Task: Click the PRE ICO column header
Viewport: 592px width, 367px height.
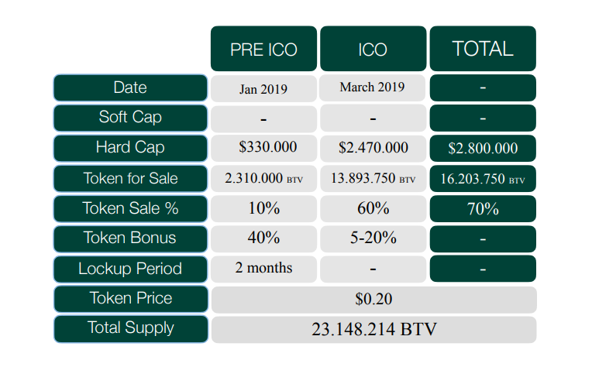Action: point(263,49)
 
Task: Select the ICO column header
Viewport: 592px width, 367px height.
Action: point(373,49)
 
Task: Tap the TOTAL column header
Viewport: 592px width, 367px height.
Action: point(483,49)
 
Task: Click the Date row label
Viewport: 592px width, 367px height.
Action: point(130,87)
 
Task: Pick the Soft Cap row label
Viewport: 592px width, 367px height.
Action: point(130,118)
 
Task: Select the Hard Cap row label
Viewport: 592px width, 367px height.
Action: point(130,148)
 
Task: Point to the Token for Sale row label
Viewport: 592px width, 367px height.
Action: point(130,178)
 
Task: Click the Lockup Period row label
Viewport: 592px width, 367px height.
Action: point(130,269)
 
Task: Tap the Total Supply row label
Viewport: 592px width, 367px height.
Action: point(130,328)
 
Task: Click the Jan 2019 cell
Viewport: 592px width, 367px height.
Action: point(263,88)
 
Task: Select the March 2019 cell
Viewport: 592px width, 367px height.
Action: point(373,87)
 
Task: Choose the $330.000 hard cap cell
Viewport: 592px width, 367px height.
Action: point(263,147)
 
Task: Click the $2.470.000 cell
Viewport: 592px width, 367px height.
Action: point(373,148)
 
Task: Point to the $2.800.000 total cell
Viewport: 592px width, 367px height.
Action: point(483,148)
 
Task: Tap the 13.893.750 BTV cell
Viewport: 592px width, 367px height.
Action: point(373,178)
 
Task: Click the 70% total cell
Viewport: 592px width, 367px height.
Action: point(483,208)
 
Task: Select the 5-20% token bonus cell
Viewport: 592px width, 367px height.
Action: point(373,238)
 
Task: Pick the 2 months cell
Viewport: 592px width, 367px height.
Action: point(263,268)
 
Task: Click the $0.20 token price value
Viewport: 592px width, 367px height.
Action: point(373,299)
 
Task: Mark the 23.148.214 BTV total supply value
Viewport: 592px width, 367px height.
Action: point(373,328)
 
